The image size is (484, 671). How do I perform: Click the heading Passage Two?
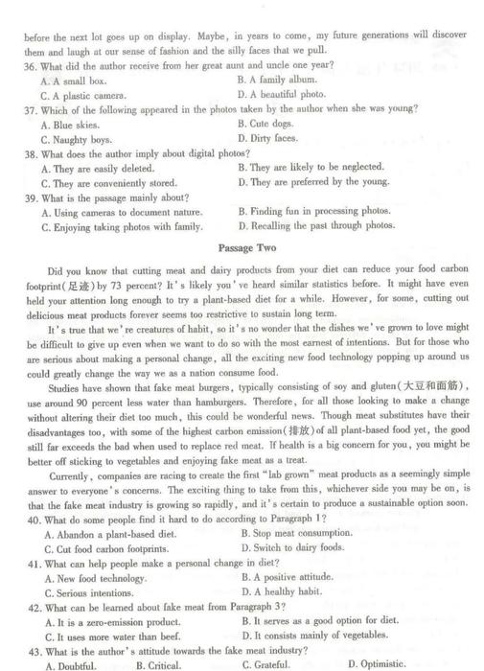pos(247,247)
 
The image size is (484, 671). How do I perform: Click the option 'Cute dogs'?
pos(275,124)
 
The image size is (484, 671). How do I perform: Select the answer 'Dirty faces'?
pos(278,138)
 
